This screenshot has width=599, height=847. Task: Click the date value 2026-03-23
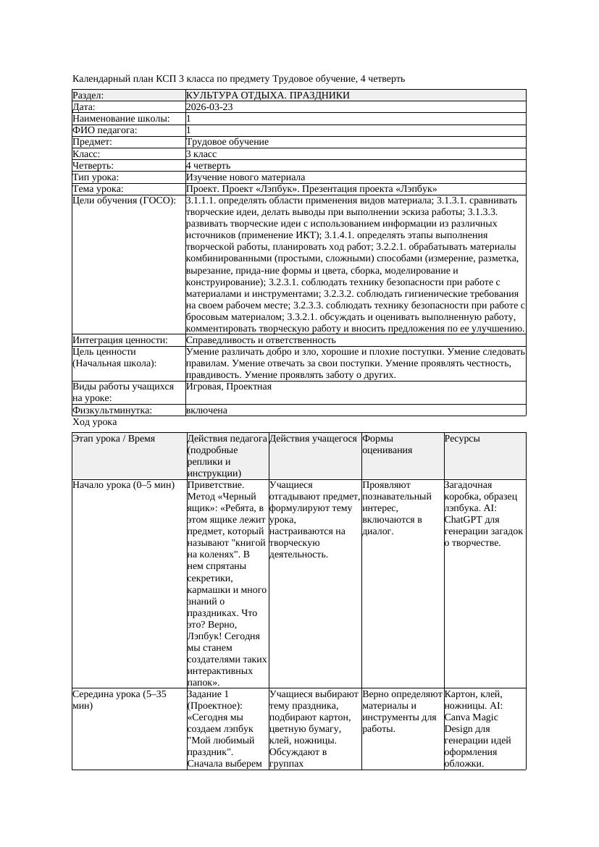209,107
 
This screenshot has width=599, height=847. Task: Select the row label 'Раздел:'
88,96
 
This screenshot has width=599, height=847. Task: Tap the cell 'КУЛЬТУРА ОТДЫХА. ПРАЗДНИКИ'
267,96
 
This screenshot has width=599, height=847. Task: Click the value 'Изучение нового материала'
245,177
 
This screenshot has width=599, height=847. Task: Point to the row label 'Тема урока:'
98,189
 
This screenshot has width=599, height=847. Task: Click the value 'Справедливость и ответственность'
261,340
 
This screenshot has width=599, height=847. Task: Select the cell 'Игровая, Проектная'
229,387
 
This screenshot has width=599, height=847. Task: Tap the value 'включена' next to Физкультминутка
206,410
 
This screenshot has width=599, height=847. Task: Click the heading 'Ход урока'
95,422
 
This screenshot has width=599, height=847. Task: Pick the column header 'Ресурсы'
462,439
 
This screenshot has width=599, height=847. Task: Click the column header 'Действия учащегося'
313,439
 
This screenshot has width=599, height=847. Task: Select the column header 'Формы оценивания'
388,444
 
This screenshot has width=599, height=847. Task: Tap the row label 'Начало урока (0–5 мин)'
123,485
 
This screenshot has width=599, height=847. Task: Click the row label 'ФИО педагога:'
105,130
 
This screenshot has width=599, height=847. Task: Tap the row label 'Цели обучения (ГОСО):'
124,201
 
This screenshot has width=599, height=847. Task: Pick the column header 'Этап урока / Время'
114,439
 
